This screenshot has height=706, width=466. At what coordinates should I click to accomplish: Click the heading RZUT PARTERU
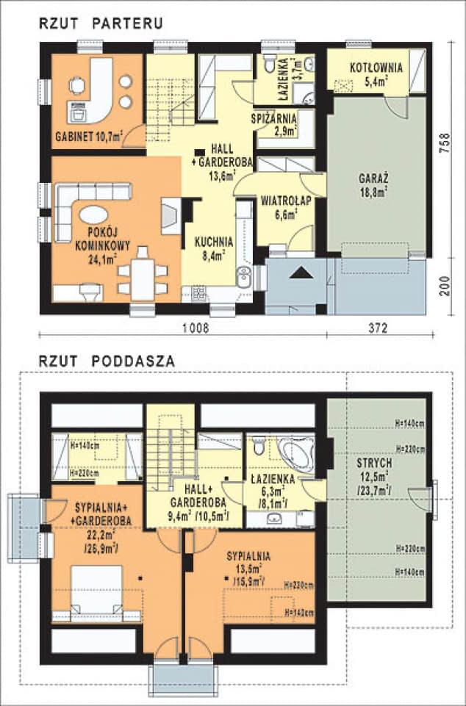pyautogui.click(x=101, y=24)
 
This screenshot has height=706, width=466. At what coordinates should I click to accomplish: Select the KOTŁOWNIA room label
pyautogui.click(x=376, y=68)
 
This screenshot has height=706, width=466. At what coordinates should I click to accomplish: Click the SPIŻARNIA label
pyautogui.click(x=273, y=118)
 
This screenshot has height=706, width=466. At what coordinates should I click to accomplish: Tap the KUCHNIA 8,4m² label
pyautogui.click(x=214, y=247)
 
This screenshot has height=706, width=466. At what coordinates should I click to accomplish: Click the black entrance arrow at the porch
pyautogui.click(x=299, y=273)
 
